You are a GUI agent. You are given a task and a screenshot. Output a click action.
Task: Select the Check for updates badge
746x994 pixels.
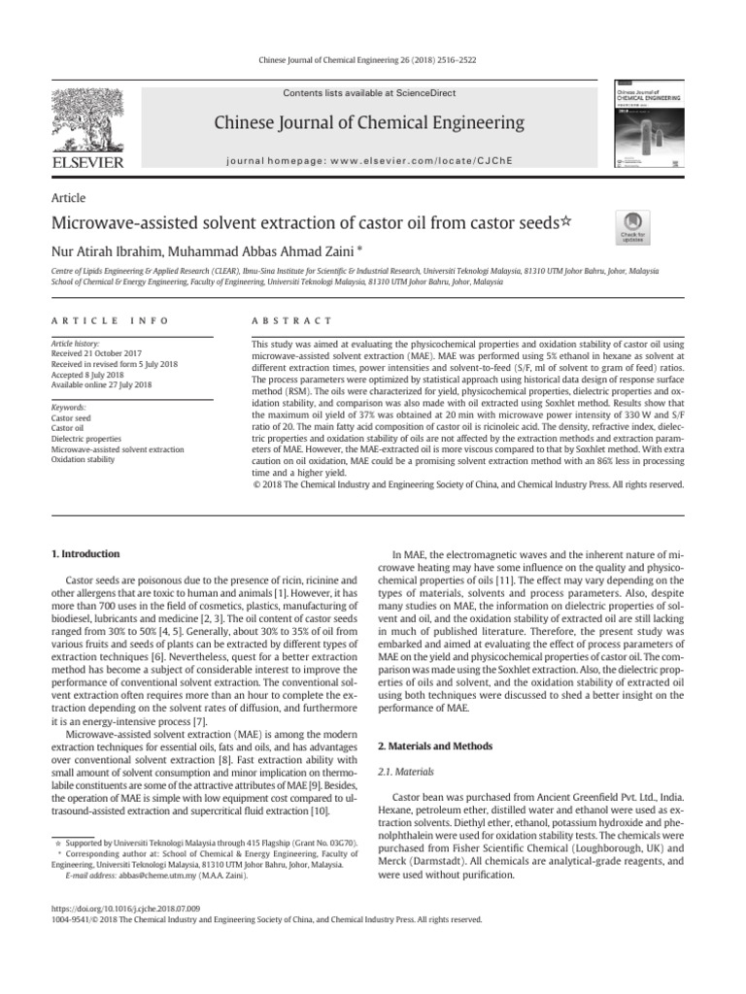tap(632, 226)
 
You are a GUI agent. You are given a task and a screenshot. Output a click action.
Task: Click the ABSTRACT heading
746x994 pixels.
tap(291, 320)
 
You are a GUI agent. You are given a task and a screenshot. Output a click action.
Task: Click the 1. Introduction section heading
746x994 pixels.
tap(85, 554)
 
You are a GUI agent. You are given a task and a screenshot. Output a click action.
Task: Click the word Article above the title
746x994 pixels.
tap(67, 197)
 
